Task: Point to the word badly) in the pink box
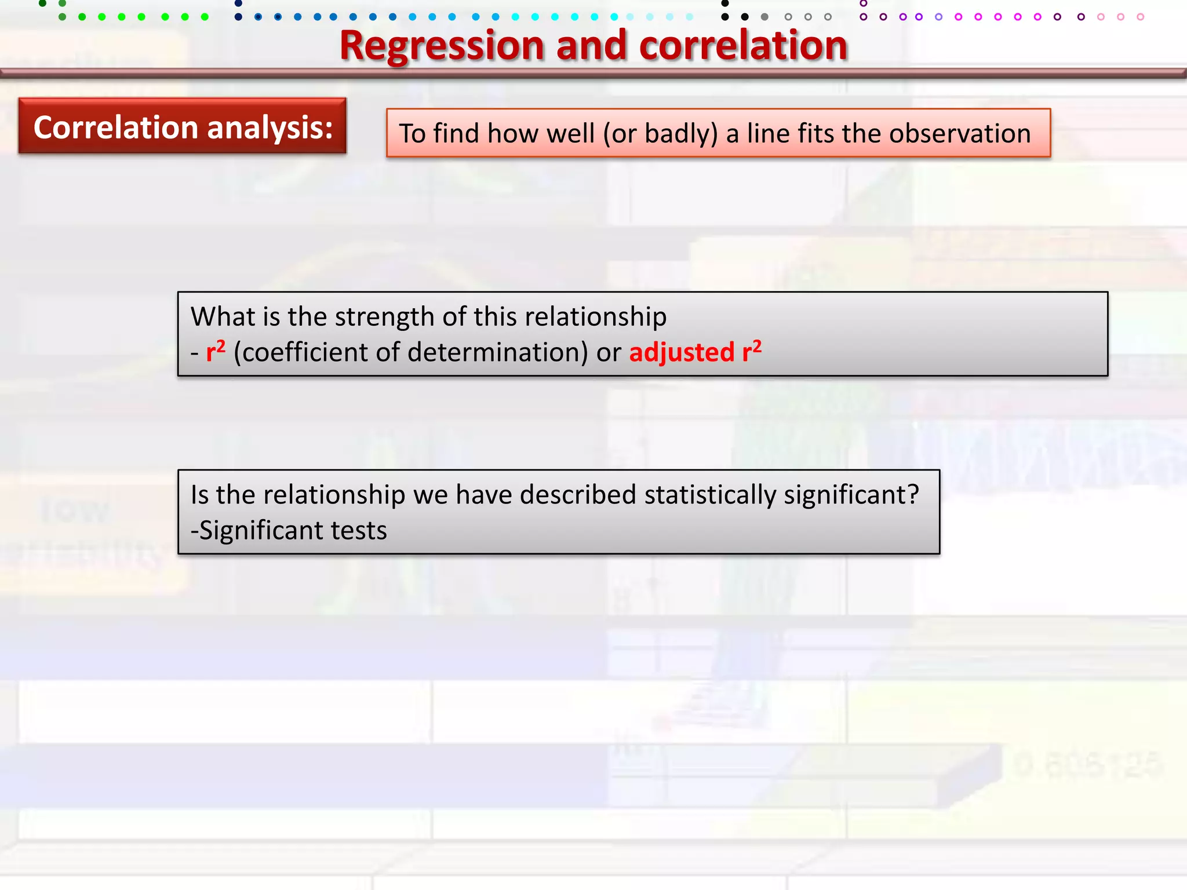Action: tap(681, 134)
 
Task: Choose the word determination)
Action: tap(498, 352)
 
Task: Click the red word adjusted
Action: tap(682, 353)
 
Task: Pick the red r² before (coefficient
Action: tap(216, 351)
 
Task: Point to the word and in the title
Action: tap(591, 46)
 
